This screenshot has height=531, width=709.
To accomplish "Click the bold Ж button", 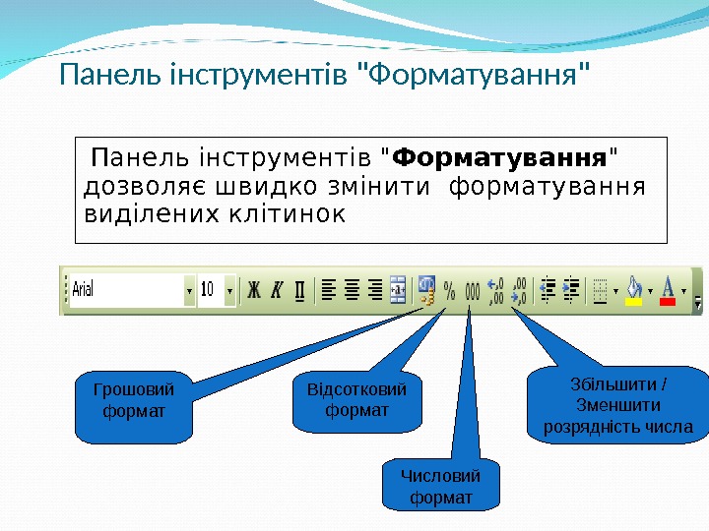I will click(x=253, y=291).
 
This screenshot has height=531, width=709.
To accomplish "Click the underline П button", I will click(x=299, y=291).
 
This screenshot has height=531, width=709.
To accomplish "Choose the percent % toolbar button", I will click(x=449, y=291).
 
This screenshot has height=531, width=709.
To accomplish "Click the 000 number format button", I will click(x=472, y=291).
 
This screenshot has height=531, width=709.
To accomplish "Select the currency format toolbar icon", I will click(x=426, y=290).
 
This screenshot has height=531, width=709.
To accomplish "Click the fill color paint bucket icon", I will click(x=634, y=290).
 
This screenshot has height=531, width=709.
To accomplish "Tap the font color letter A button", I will click(x=668, y=290).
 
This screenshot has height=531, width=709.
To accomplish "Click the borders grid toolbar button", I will click(x=599, y=290).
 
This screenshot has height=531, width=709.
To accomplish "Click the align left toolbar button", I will click(x=328, y=291).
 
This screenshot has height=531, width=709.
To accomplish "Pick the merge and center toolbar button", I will click(x=399, y=291).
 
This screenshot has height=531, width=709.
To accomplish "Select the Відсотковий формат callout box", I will click(x=356, y=399).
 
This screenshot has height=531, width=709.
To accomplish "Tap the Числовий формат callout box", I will click(x=440, y=487).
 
